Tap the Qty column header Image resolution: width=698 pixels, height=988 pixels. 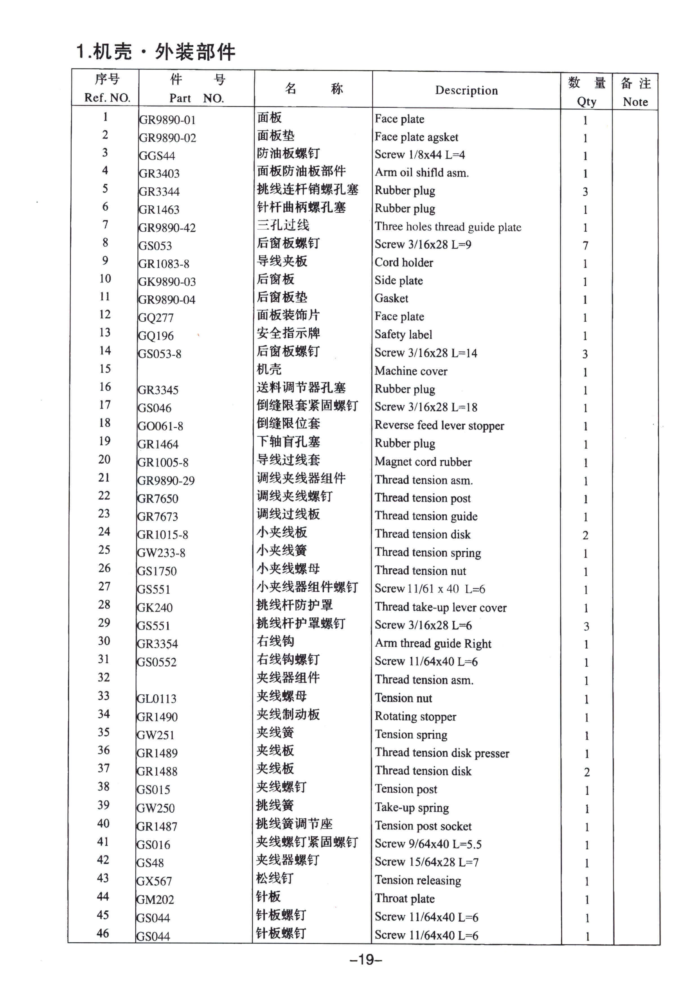[586, 102]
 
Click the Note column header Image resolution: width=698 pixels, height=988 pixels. [635, 102]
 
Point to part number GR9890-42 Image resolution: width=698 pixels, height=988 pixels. [167, 228]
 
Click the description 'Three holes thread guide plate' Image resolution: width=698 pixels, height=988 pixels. [448, 227]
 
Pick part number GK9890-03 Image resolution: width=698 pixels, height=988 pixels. [167, 282]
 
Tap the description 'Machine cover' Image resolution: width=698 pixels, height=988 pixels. [411, 371]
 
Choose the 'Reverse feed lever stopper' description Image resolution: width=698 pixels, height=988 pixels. [439, 426]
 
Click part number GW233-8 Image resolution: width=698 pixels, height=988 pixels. [161, 553]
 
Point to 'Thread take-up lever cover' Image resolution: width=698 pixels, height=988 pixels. [440, 607]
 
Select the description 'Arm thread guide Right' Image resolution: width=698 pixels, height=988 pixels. [433, 644]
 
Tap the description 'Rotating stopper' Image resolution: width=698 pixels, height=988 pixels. [415, 716]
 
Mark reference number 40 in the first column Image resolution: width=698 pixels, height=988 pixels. [103, 824]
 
